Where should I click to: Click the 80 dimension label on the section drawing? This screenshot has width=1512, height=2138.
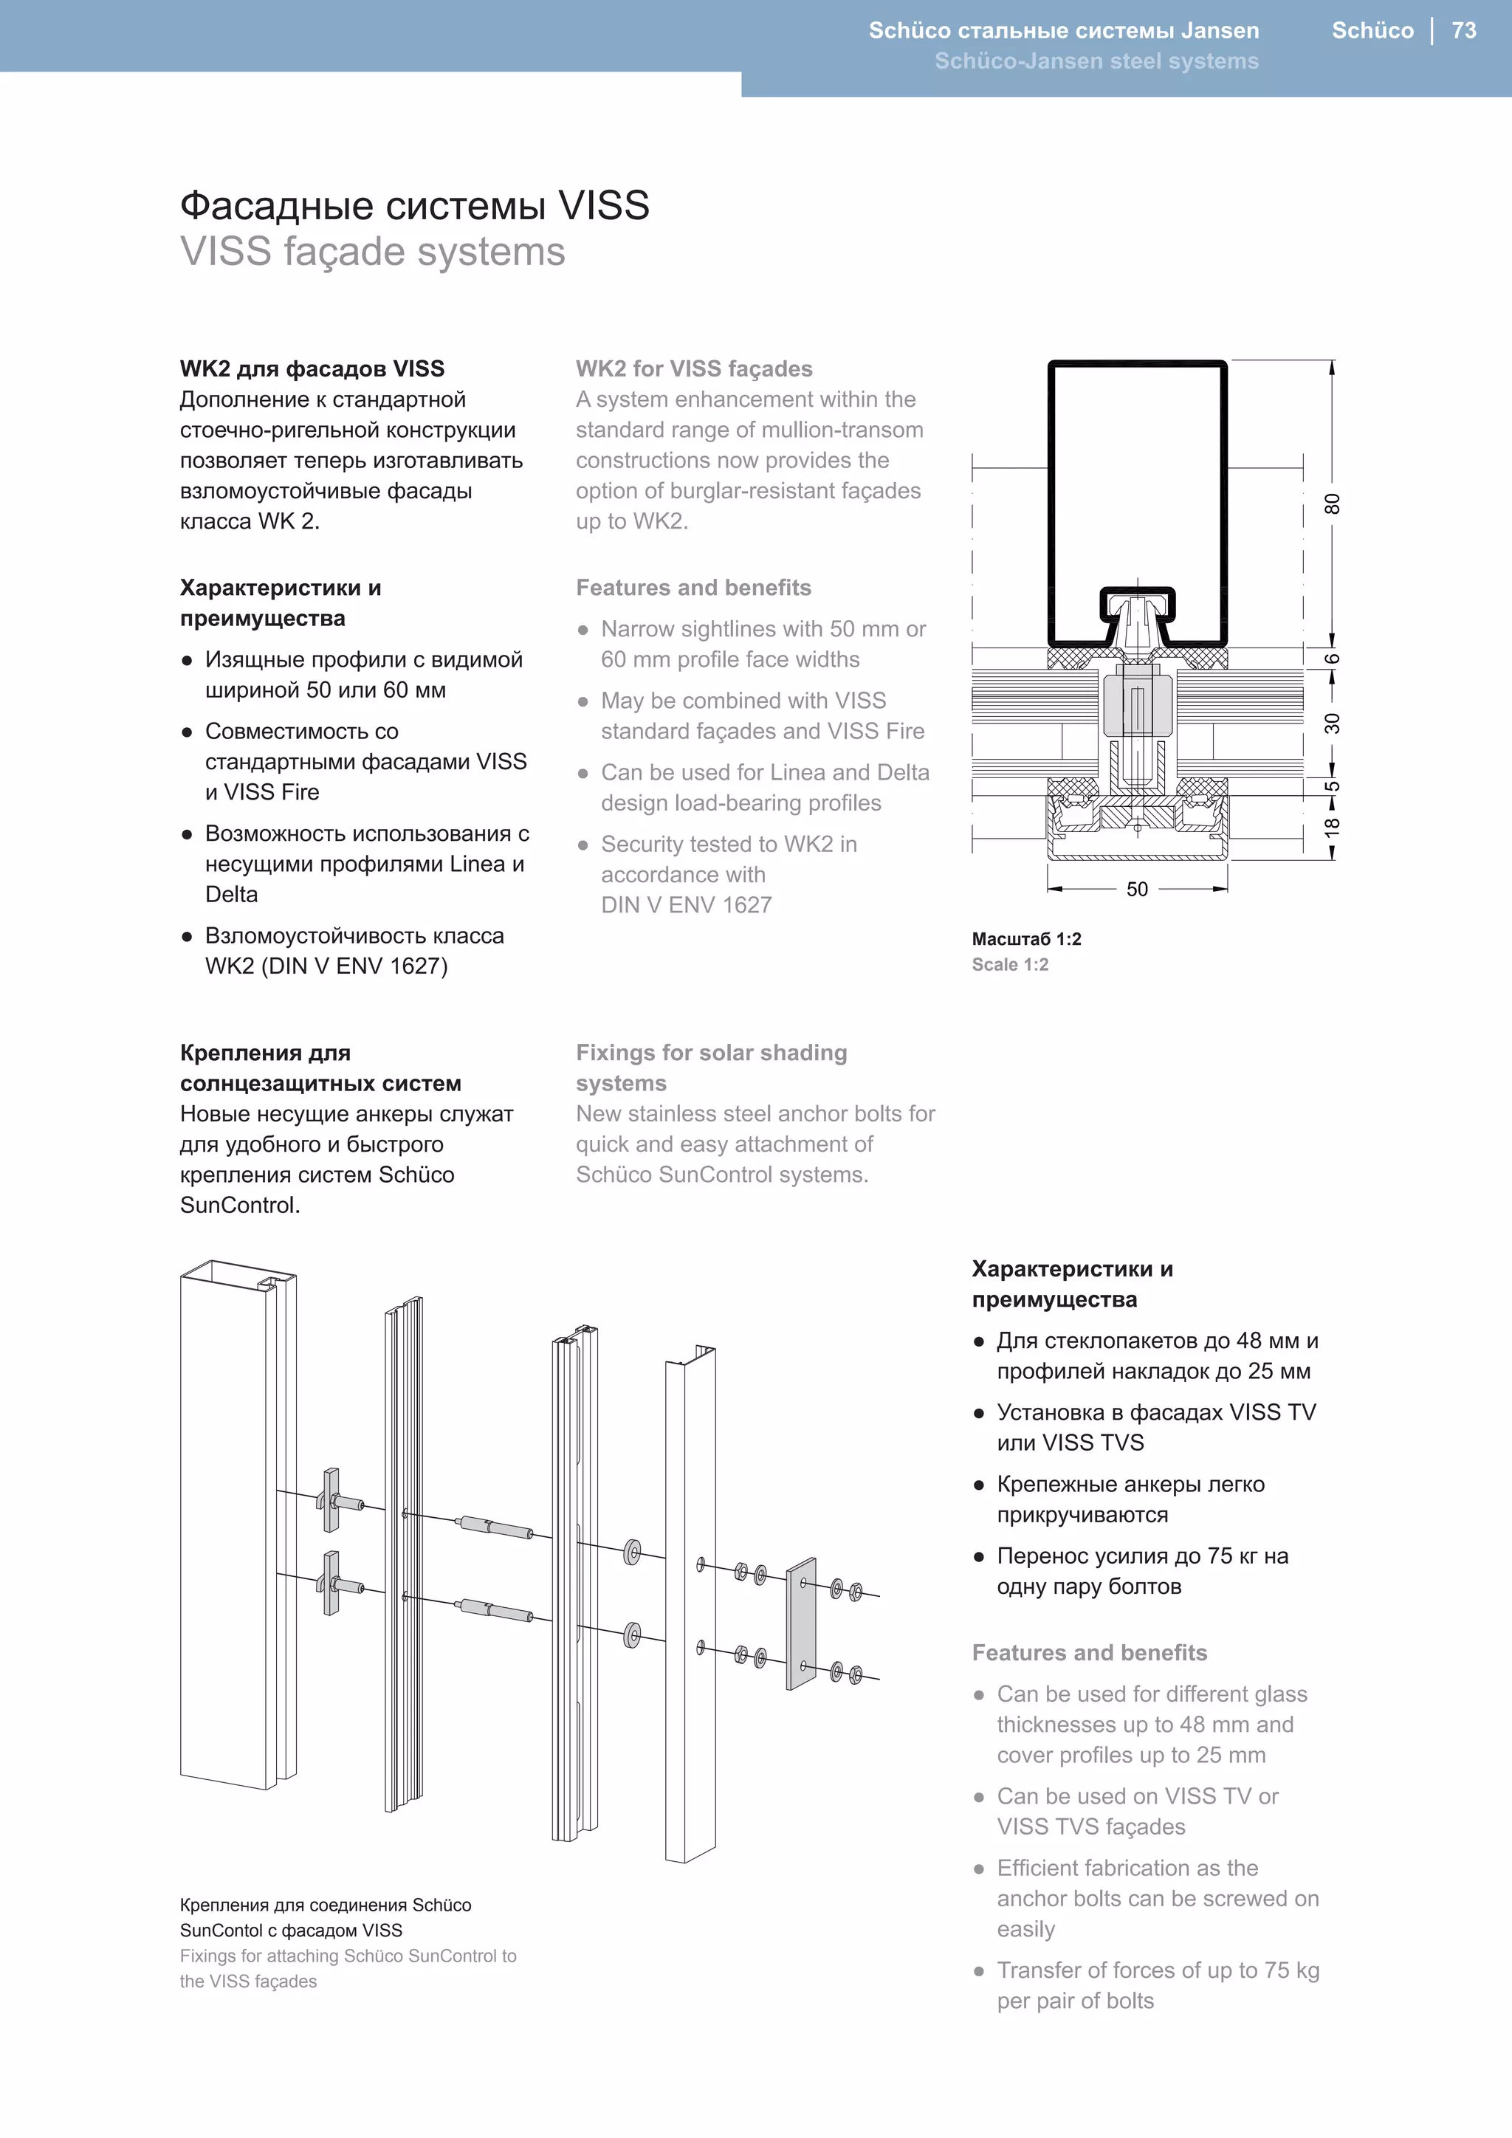coord(1333,503)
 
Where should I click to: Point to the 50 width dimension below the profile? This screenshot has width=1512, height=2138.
coord(1137,890)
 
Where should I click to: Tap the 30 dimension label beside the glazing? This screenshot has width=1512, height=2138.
coord(1333,723)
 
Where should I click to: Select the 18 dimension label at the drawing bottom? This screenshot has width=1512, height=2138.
coord(1333,826)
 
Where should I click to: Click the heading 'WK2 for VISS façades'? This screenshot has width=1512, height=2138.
coord(694,368)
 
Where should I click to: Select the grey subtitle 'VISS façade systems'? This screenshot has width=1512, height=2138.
coord(372,252)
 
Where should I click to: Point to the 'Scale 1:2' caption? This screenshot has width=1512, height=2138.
coord(1010,965)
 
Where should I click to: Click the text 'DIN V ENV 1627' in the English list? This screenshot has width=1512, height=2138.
coord(686,905)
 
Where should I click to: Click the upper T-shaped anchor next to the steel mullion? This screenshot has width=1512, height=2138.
coord(331,1499)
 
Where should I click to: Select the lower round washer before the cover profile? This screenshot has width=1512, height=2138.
coord(632,1635)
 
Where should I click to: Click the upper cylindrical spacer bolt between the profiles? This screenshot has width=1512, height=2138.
coord(496,1527)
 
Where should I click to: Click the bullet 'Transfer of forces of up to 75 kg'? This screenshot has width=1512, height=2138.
coord(1158,1970)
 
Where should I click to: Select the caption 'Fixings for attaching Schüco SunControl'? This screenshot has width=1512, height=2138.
coord(348,1956)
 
